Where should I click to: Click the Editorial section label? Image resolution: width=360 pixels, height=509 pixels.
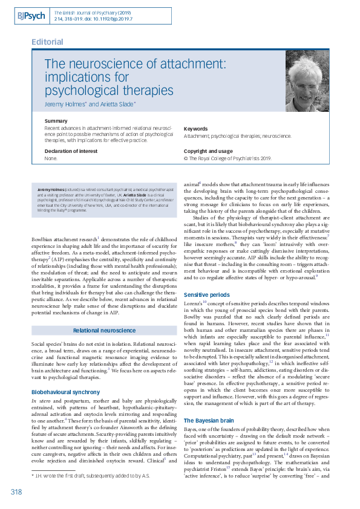(47, 42)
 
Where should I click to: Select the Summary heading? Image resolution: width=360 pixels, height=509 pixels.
(56, 122)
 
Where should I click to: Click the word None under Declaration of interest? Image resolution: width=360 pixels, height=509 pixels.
(51, 158)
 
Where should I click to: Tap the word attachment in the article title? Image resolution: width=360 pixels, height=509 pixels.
(191, 63)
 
